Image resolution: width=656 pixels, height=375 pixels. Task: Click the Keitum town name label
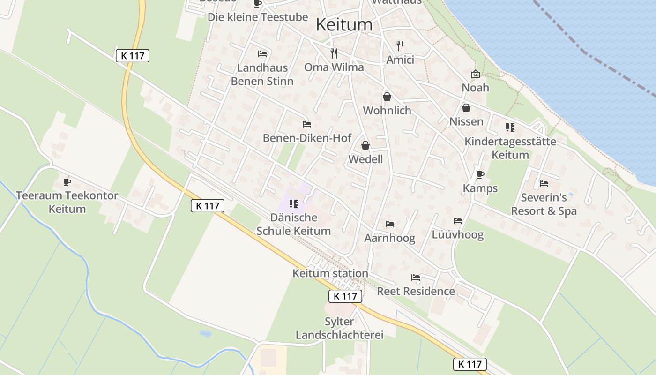coord(344,24)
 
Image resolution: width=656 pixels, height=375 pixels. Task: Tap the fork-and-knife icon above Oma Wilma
coord(334,52)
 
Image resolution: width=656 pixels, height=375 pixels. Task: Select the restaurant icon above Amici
coord(400,45)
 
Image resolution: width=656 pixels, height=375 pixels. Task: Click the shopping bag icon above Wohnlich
coord(387,97)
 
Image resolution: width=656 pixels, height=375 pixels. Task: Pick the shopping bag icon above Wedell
coord(365,145)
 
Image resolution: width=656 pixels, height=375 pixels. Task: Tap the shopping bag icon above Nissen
coord(466,108)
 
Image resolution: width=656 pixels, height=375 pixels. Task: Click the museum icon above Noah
coord(476,74)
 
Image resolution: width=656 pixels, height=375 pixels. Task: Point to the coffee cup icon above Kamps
coord(480,174)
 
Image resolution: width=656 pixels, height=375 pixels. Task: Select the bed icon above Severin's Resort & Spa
coord(544,184)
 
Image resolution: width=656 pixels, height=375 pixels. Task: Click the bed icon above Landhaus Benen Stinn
coord(262,54)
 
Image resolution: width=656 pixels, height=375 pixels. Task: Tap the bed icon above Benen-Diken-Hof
coord(307,124)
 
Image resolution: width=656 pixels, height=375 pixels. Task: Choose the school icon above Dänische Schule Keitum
coord(294,204)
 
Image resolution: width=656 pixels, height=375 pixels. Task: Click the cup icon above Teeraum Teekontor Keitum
coord(67,182)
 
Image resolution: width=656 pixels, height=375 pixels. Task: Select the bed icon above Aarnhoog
coord(390,224)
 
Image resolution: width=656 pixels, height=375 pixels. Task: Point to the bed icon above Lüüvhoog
coord(458,221)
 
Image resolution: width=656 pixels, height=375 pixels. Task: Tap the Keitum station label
coord(330,273)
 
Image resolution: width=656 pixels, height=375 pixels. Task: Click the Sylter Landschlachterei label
coord(339,328)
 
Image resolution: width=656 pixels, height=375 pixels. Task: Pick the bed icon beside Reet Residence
coord(416,277)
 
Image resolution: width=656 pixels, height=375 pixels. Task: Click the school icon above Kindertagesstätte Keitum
coord(510,127)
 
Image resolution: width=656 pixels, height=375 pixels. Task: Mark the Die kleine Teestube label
coord(258,17)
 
